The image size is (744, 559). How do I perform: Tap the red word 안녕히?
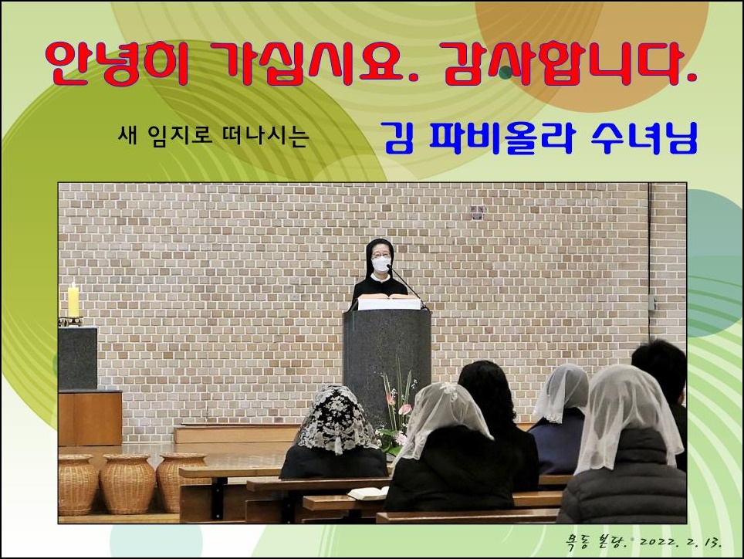[x=119, y=64]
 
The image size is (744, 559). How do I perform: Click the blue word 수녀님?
[x=644, y=138]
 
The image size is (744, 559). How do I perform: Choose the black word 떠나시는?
[x=265, y=136]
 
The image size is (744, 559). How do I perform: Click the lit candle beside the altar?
[x=73, y=300]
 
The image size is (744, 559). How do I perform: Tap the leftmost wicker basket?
[x=77, y=484]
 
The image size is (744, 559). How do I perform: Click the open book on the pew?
[x=369, y=493]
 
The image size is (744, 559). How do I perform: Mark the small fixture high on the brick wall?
[x=477, y=213]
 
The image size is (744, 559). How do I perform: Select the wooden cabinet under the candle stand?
[x=90, y=418]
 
